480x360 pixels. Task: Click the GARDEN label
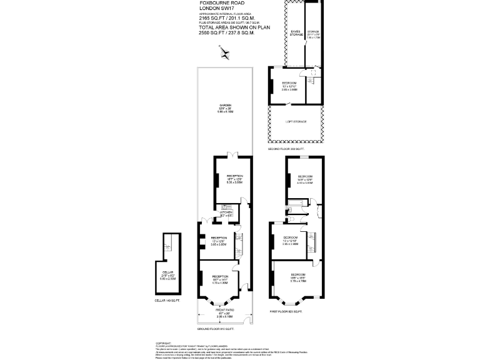pyautogui.click(x=224, y=104)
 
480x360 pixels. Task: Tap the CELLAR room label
pyautogui.click(x=167, y=272)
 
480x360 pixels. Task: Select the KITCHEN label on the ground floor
pyautogui.click(x=226, y=212)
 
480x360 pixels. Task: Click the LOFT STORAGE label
pyautogui.click(x=296, y=121)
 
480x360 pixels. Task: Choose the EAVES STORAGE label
pyautogui.click(x=296, y=32)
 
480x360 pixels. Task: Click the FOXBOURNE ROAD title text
pyautogui.click(x=217, y=3)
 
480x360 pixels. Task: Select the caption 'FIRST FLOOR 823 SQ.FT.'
pyautogui.click(x=286, y=311)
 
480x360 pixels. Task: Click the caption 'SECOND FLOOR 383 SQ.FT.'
pyautogui.click(x=286, y=149)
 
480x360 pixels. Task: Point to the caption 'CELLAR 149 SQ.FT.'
pyautogui.click(x=167, y=301)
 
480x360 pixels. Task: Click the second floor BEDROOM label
pyautogui.click(x=289, y=83)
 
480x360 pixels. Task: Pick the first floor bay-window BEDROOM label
pyautogui.click(x=297, y=275)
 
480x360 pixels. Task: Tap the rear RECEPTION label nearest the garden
pyautogui.click(x=234, y=176)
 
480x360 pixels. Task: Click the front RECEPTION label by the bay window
pyautogui.click(x=219, y=276)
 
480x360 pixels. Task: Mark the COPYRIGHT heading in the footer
pyautogui.click(x=164, y=342)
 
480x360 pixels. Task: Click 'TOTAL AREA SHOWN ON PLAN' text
pyautogui.click(x=226, y=27)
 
